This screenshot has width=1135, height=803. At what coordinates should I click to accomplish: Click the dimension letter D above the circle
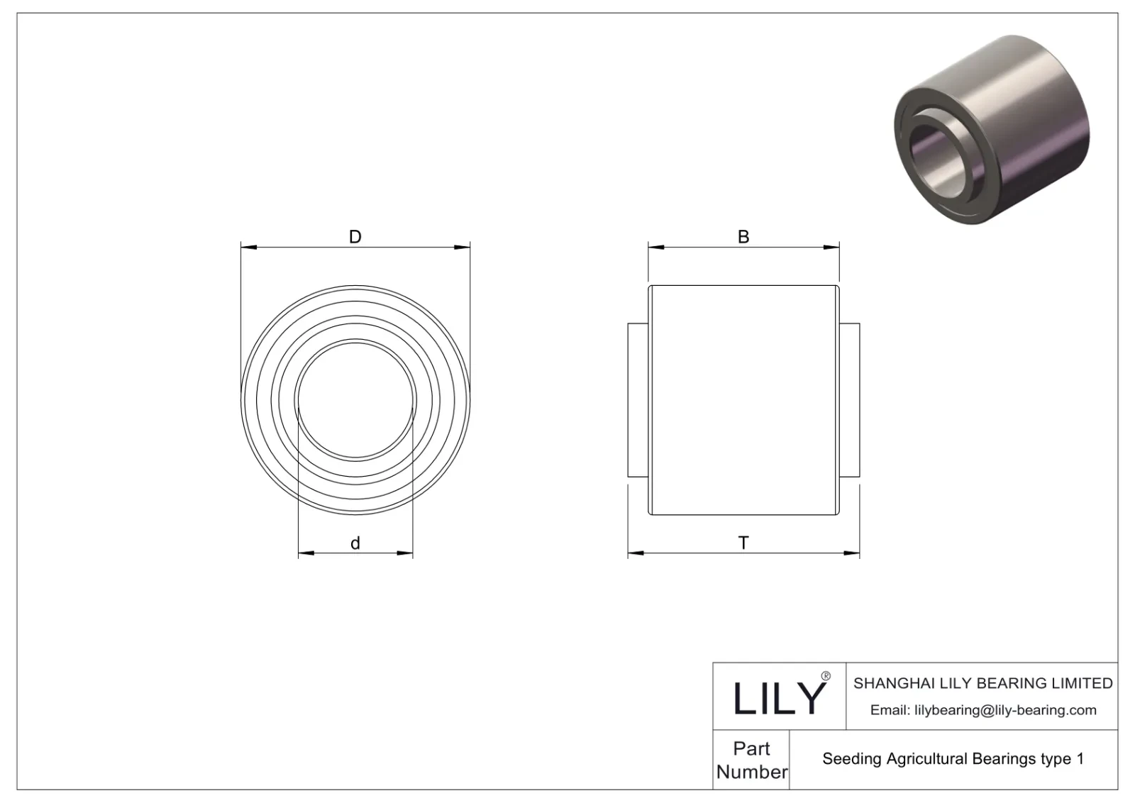click(x=355, y=237)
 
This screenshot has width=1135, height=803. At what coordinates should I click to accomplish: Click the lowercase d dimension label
click(x=355, y=543)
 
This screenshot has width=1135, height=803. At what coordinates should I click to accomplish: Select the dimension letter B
click(x=743, y=237)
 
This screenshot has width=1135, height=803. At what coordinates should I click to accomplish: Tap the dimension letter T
click(x=743, y=543)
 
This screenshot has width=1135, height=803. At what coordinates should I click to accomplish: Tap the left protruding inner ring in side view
click(x=638, y=399)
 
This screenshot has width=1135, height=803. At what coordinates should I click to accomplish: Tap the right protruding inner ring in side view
click(x=849, y=399)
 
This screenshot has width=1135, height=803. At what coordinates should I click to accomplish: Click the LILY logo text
click(x=779, y=698)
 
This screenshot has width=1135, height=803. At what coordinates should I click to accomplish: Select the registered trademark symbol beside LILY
click(x=825, y=677)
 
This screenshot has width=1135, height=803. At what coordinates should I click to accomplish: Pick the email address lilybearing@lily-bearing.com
click(x=1005, y=710)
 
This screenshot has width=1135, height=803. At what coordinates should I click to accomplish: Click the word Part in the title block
click(x=751, y=748)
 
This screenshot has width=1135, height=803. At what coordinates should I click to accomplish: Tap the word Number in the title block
click(x=751, y=772)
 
